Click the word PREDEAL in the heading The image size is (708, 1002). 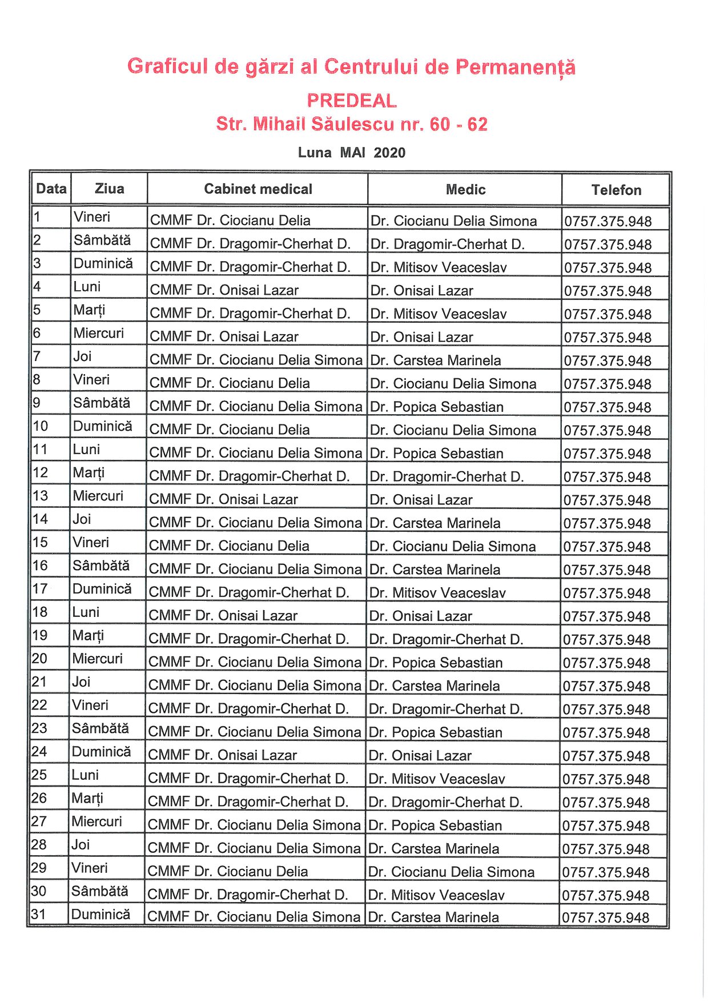[x=351, y=101]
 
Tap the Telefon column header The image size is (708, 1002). [x=616, y=190]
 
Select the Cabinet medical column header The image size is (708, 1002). [x=258, y=189]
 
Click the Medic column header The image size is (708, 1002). [x=465, y=190]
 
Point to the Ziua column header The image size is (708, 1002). [x=109, y=189]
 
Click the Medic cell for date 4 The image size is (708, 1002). [x=421, y=291]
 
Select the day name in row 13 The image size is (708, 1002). [x=98, y=496]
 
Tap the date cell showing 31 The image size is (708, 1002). [x=38, y=915]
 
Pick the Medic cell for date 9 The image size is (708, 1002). [x=437, y=407]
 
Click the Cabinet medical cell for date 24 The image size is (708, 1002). [x=223, y=755]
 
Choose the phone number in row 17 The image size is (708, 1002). [x=606, y=593]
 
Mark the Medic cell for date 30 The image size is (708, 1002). [x=436, y=895]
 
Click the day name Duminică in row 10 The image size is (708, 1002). [x=102, y=426]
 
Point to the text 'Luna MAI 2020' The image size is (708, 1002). [x=352, y=153]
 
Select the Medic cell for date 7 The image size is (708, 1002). [x=436, y=360]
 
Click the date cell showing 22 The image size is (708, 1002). [x=39, y=705]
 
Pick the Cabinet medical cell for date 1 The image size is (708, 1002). [x=230, y=221]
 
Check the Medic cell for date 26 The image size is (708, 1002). [x=445, y=802]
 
